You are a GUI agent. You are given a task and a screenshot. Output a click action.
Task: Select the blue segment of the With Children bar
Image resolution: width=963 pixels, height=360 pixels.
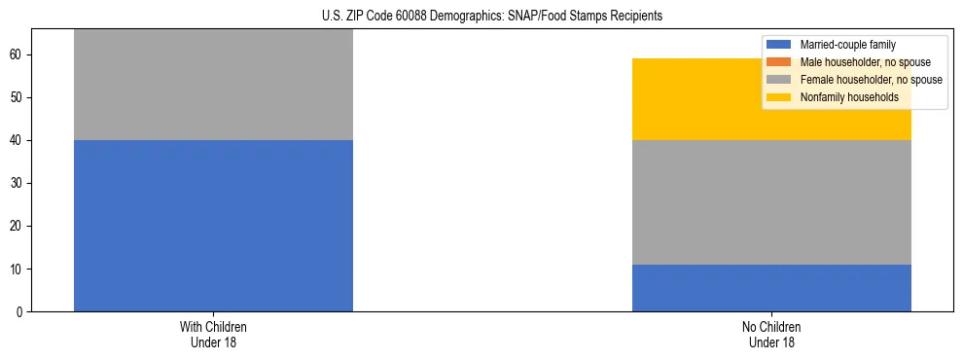tap(213, 226)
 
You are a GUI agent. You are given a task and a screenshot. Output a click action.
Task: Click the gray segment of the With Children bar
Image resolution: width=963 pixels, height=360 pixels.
tap(213, 85)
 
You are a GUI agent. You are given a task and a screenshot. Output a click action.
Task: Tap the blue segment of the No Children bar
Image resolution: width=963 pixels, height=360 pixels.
tap(771, 288)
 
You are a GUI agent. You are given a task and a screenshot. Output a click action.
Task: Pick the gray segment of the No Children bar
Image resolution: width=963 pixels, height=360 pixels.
tap(771, 202)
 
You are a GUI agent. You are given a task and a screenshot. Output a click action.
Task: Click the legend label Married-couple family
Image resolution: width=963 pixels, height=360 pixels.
tap(847, 45)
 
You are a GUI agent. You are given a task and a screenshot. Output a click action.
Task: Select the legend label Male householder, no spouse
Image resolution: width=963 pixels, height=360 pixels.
tap(858, 62)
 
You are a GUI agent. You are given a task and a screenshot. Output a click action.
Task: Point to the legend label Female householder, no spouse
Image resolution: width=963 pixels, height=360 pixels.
tap(871, 80)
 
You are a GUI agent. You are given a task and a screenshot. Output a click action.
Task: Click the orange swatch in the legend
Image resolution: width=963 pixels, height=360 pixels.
tap(779, 62)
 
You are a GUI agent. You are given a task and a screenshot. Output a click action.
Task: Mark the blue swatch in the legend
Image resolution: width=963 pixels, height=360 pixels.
tap(779, 45)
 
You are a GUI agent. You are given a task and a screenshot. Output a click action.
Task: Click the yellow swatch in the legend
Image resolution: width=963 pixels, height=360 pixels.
tap(779, 97)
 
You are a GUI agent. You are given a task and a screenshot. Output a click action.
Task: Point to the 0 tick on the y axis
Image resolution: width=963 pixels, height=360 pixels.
tap(21, 312)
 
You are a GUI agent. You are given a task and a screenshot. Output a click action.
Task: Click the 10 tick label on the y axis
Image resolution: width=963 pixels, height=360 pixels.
tap(18, 270)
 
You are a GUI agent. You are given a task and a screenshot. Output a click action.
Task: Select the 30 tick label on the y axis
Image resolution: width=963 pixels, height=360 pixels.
tap(18, 184)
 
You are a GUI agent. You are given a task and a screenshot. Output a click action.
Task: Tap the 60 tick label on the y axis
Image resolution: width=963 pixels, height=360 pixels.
tap(18, 55)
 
